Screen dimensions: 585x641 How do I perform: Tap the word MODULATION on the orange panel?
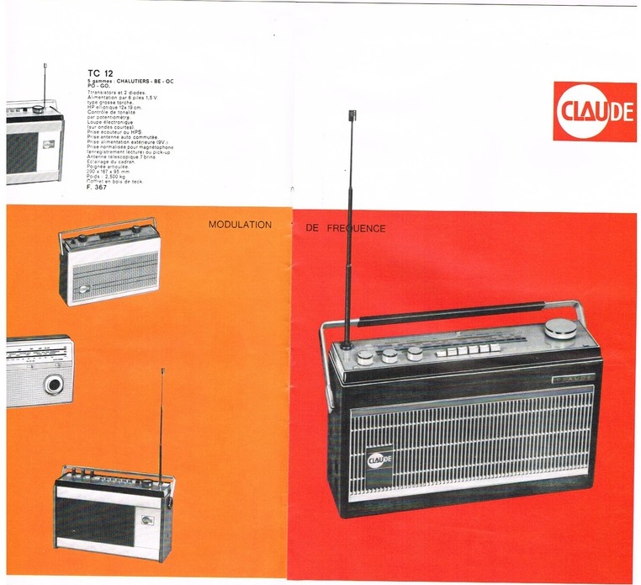tap(240, 226)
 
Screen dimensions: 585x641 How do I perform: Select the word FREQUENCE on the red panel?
tap(358, 228)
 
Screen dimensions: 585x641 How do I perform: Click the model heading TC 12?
tap(100, 72)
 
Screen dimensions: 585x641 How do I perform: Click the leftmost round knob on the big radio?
tap(364, 357)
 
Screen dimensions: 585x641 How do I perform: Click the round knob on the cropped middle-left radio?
tap(55, 385)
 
